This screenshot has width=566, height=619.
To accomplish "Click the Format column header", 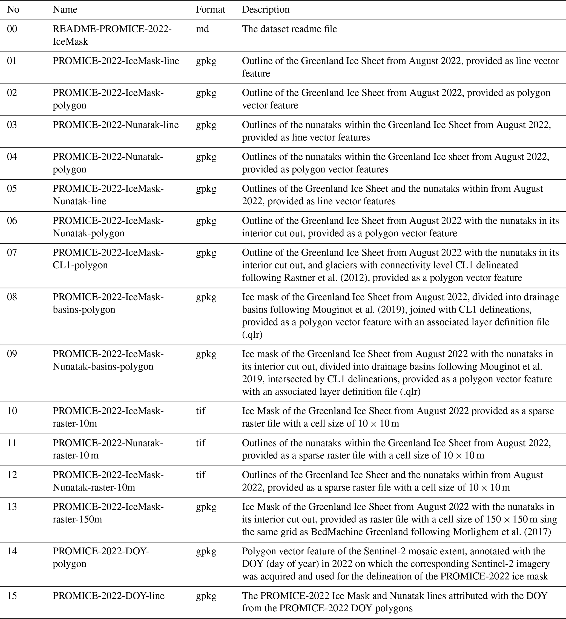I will tap(210, 10).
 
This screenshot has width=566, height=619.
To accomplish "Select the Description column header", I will tap(266, 10).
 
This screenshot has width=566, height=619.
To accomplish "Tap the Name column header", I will tap(65, 10).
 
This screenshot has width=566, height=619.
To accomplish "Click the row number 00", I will tap(12, 29).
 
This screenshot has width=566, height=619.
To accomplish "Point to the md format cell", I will tap(202, 29).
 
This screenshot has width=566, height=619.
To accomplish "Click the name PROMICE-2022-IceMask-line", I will tap(116, 61).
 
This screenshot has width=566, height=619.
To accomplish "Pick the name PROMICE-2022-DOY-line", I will tap(108, 596).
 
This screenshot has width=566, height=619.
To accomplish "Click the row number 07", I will tap(12, 252).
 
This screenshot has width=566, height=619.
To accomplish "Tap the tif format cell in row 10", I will tap(200, 411).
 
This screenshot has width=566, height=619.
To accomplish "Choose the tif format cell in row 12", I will tap(200, 475).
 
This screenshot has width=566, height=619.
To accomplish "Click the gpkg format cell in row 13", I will tap(206, 507).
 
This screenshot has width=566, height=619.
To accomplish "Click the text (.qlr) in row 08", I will tap(252, 334).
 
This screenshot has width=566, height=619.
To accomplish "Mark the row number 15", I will tap(12, 596).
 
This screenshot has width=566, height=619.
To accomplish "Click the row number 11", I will tap(12, 443).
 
